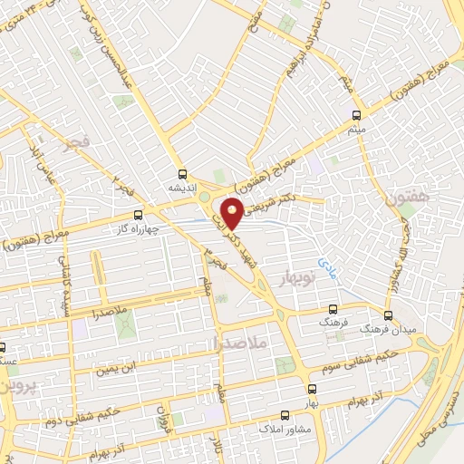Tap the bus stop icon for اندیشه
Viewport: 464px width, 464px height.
183,173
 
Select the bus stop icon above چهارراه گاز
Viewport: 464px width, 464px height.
138,216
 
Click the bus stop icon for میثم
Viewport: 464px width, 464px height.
356,115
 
